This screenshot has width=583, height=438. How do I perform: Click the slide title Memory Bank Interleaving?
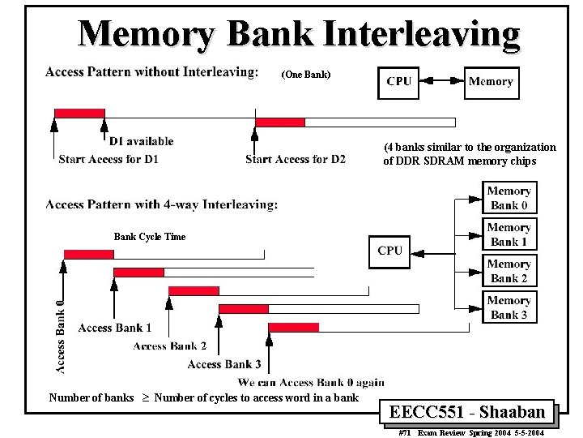point(299,34)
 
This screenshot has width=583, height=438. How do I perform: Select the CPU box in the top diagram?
point(399,81)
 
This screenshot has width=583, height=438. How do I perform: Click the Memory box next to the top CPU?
point(491,81)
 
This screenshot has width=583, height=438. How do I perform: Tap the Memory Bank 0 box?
point(509,198)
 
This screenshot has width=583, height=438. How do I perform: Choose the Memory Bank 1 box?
point(509,234)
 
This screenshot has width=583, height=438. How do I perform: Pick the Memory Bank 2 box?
point(509,271)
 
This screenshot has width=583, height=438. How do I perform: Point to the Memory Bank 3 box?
point(509,307)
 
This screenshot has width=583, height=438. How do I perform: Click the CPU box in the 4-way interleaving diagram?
point(389,251)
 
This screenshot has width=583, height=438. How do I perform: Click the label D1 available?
point(141,141)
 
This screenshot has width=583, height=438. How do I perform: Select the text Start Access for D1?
point(109,159)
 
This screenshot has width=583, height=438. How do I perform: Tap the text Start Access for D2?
point(295,159)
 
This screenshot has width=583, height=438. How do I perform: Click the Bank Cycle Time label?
point(149,237)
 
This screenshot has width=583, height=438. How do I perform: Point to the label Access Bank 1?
point(115,328)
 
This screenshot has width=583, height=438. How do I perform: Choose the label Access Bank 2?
point(169,346)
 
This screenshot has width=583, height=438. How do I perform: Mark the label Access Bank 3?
point(224,364)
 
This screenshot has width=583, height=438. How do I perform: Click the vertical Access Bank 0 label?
point(60,336)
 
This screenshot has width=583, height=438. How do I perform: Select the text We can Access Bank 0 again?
point(311,382)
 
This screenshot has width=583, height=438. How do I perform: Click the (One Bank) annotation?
point(305,75)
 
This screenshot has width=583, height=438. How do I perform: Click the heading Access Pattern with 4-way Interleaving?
point(162,204)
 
